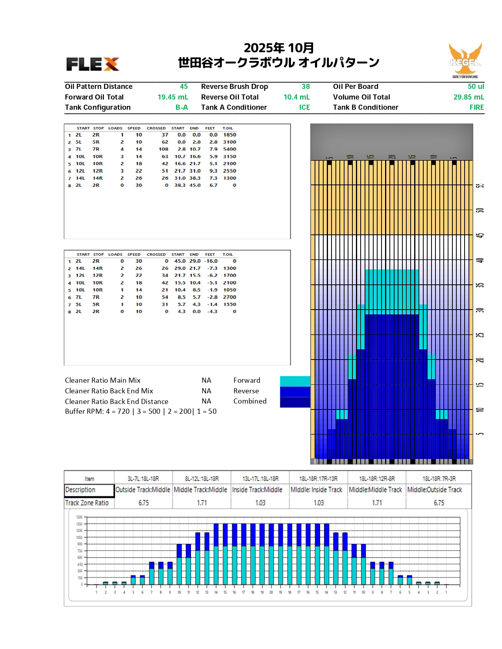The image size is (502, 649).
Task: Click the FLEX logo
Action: tap(93, 64)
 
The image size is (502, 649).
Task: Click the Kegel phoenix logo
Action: tap(465, 60)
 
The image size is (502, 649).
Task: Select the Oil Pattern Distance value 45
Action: tap(183, 87)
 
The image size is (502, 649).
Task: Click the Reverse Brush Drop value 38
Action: tap(306, 87)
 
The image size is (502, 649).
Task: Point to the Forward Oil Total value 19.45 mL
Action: tap(173, 97)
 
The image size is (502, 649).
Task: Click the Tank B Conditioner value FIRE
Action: tap(476, 107)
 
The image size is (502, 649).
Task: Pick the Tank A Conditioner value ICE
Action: tap(304, 107)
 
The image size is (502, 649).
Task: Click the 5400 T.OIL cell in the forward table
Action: tap(230, 149)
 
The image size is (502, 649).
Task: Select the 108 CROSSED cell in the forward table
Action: tap(163, 149)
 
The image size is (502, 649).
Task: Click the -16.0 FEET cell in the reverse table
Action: tap(211, 261)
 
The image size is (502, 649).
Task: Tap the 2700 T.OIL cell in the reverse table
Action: tap(230, 297)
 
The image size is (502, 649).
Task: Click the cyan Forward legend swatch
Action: tap(295, 381)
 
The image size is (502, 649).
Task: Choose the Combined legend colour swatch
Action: tap(295, 402)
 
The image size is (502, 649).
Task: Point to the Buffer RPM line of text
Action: tap(141, 411)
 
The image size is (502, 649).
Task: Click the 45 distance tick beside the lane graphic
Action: tap(480, 235)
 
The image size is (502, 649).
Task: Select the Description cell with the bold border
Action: tap(89, 490)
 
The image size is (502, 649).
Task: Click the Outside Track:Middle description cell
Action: tap(143, 490)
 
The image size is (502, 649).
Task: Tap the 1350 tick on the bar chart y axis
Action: tap(79, 524)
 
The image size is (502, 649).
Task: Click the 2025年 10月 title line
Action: tap(279, 48)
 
